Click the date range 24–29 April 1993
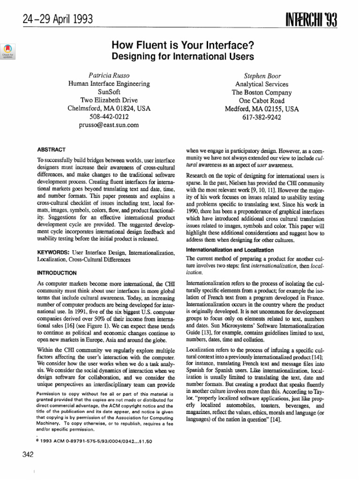52,20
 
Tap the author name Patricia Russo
109,75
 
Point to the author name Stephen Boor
260,75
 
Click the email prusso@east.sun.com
109,125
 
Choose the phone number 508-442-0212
109,117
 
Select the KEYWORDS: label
53,253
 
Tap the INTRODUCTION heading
56,272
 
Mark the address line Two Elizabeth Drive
109,100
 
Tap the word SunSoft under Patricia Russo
109,92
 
